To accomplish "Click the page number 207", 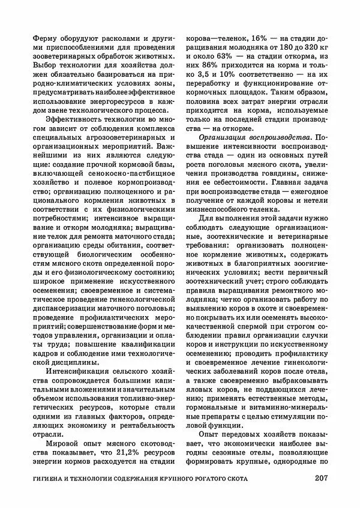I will point(324,479).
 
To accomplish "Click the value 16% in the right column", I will point(248,37).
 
